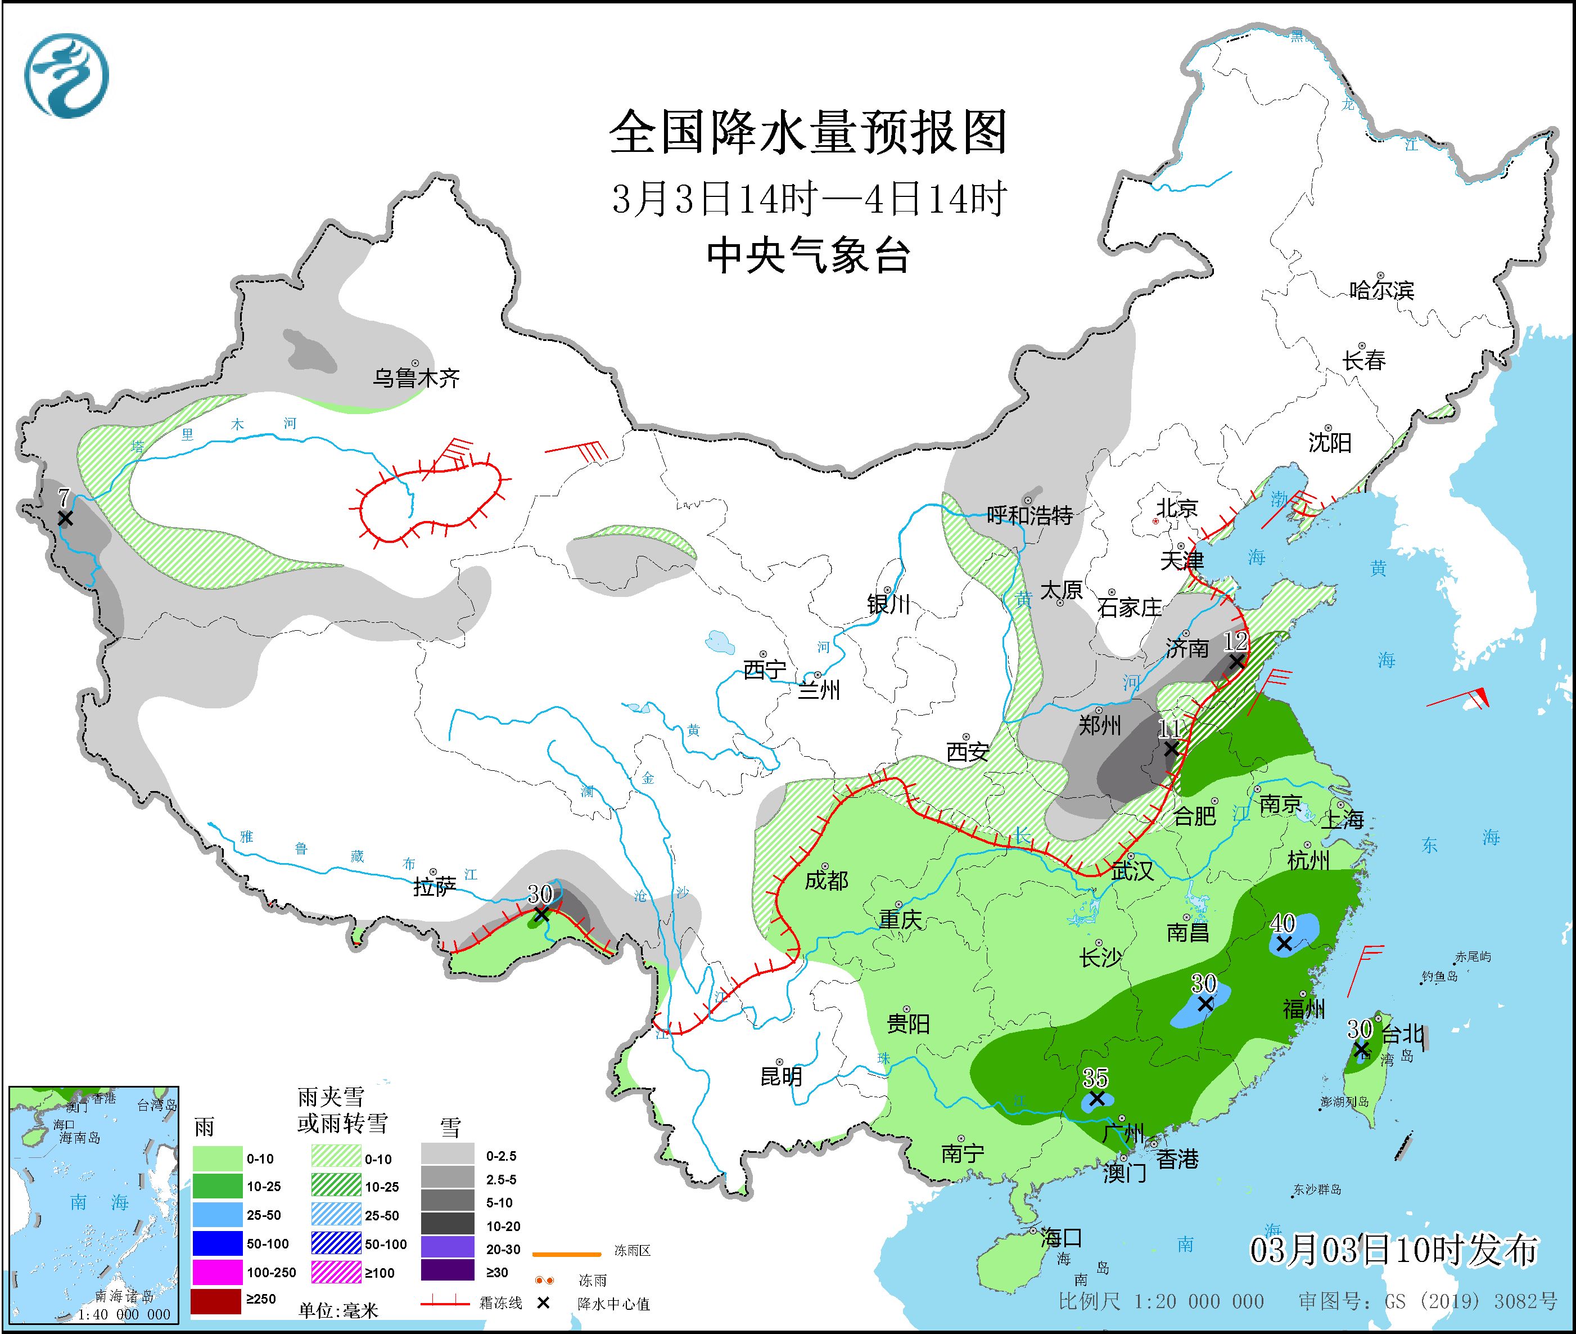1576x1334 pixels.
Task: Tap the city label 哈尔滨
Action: click(x=1381, y=290)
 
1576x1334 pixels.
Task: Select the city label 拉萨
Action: click(x=435, y=886)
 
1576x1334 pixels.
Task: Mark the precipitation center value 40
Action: click(x=1283, y=923)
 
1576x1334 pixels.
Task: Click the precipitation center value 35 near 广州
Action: click(x=1095, y=1077)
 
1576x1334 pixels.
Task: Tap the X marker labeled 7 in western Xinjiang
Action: click(x=65, y=519)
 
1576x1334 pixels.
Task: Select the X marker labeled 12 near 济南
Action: click(x=1236, y=662)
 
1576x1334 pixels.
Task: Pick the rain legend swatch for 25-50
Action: click(x=217, y=1215)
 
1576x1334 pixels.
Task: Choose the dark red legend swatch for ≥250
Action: click(x=217, y=1299)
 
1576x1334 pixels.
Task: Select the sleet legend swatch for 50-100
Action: click(x=336, y=1243)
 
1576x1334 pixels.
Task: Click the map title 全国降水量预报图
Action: click(x=808, y=132)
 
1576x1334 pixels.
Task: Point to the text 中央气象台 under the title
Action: click(x=808, y=255)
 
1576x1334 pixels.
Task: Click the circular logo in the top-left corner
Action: click(x=66, y=75)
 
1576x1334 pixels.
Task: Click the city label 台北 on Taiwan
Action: click(x=1403, y=1034)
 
